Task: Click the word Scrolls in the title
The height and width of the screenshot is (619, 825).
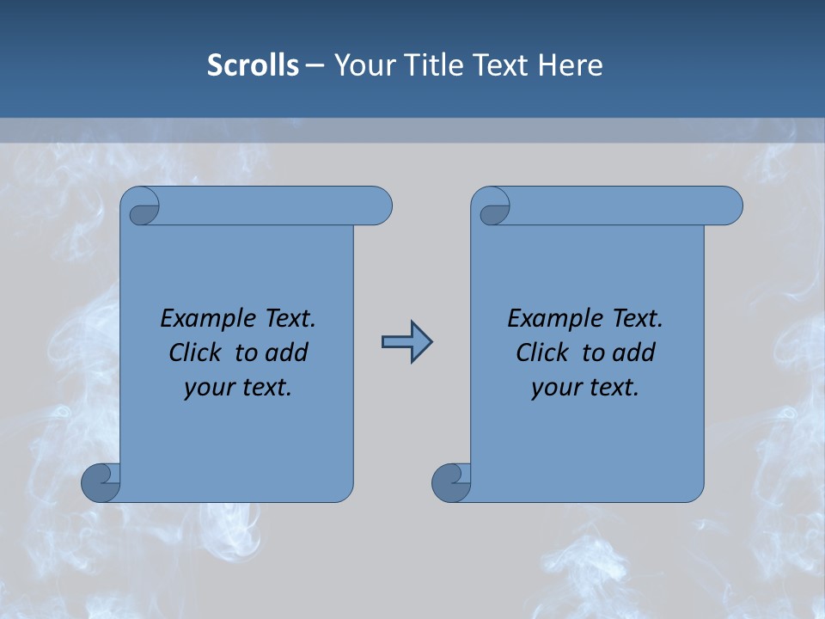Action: click(253, 65)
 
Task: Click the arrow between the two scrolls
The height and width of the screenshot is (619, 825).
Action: click(406, 342)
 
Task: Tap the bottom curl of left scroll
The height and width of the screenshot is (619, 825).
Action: click(100, 482)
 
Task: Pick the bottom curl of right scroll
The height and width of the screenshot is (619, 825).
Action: click(450, 482)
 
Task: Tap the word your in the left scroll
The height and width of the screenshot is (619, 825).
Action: click(208, 388)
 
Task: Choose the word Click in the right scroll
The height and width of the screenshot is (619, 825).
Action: click(543, 352)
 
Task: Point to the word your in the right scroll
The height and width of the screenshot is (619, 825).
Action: click(555, 388)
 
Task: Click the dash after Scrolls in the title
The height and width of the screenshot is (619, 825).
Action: click(315, 65)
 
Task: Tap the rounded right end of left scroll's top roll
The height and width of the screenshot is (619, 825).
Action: click(378, 206)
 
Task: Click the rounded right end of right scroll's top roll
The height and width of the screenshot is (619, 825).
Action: click(729, 206)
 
